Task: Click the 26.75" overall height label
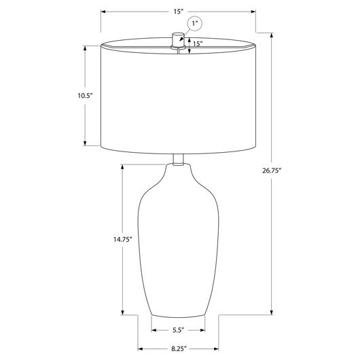pyautogui.click(x=272, y=170)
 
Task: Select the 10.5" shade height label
pyautogui.click(x=85, y=96)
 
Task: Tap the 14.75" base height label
pyautogui.click(x=122, y=240)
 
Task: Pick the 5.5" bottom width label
pyautogui.click(x=179, y=330)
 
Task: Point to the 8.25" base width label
pyautogui.click(x=179, y=349)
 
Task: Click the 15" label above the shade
pyautogui.click(x=178, y=12)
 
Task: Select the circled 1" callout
pyautogui.click(x=195, y=23)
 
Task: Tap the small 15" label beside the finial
pyautogui.click(x=198, y=43)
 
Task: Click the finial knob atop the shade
pyautogui.click(x=178, y=40)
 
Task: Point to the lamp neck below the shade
pyautogui.click(x=178, y=160)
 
